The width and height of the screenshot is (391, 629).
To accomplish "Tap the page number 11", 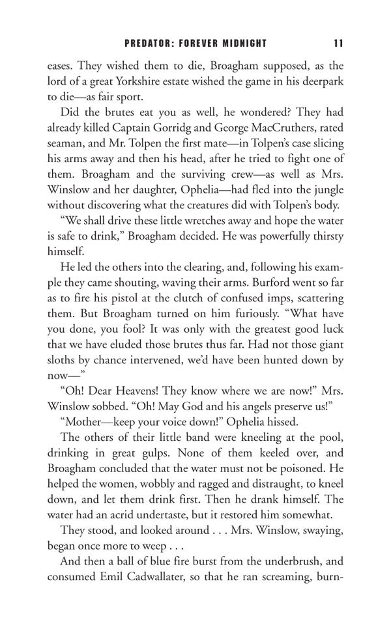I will point(337,44).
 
